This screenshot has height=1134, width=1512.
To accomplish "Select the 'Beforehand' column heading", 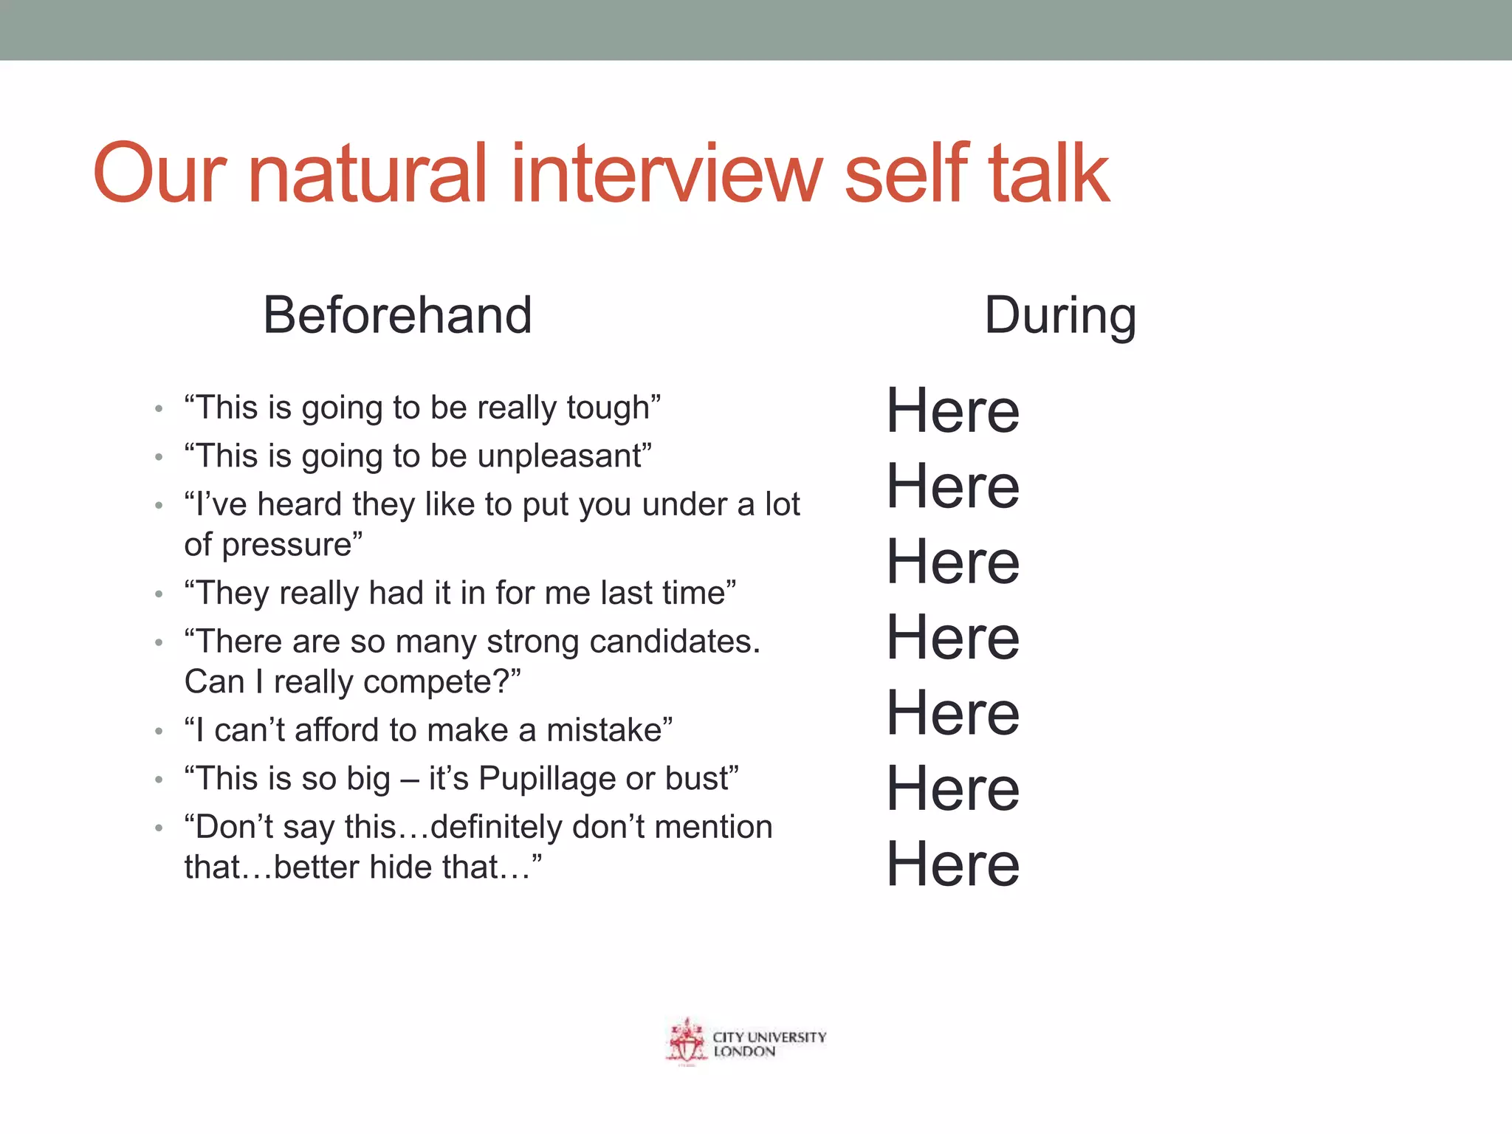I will [397, 315].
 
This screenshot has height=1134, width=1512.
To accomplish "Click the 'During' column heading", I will [1060, 315].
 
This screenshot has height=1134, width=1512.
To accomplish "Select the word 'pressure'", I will [286, 546].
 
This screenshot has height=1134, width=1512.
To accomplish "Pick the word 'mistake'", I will [605, 730].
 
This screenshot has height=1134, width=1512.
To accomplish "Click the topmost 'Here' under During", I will [952, 410].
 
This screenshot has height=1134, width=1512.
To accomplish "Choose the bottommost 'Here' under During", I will [952, 864].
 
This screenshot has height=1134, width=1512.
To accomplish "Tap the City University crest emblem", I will [687, 1042].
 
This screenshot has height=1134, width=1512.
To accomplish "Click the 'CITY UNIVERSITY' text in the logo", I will [769, 1037].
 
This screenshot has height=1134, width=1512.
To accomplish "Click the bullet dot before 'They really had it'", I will [158, 594].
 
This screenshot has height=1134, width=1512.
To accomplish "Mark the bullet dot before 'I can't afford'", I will [158, 732].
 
